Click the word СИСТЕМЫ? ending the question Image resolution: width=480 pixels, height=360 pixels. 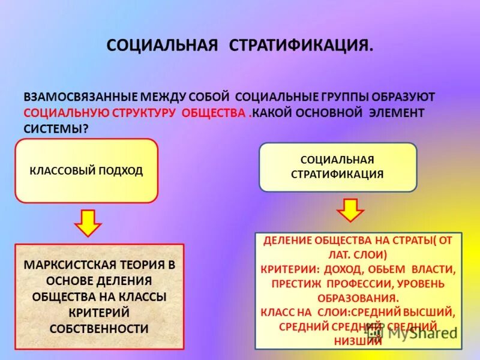coord(52,128)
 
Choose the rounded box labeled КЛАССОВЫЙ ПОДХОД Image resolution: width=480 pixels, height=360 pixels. coord(86,171)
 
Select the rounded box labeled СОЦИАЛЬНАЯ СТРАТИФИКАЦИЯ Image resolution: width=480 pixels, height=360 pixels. coord(337,167)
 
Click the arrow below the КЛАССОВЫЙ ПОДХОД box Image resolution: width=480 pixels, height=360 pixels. coord(88,223)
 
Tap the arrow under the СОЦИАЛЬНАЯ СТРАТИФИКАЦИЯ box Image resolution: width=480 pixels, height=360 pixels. coord(350,211)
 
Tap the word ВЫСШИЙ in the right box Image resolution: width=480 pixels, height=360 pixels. coord(436,311)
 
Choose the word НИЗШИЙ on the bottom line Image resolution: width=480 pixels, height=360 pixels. coord(358,341)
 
